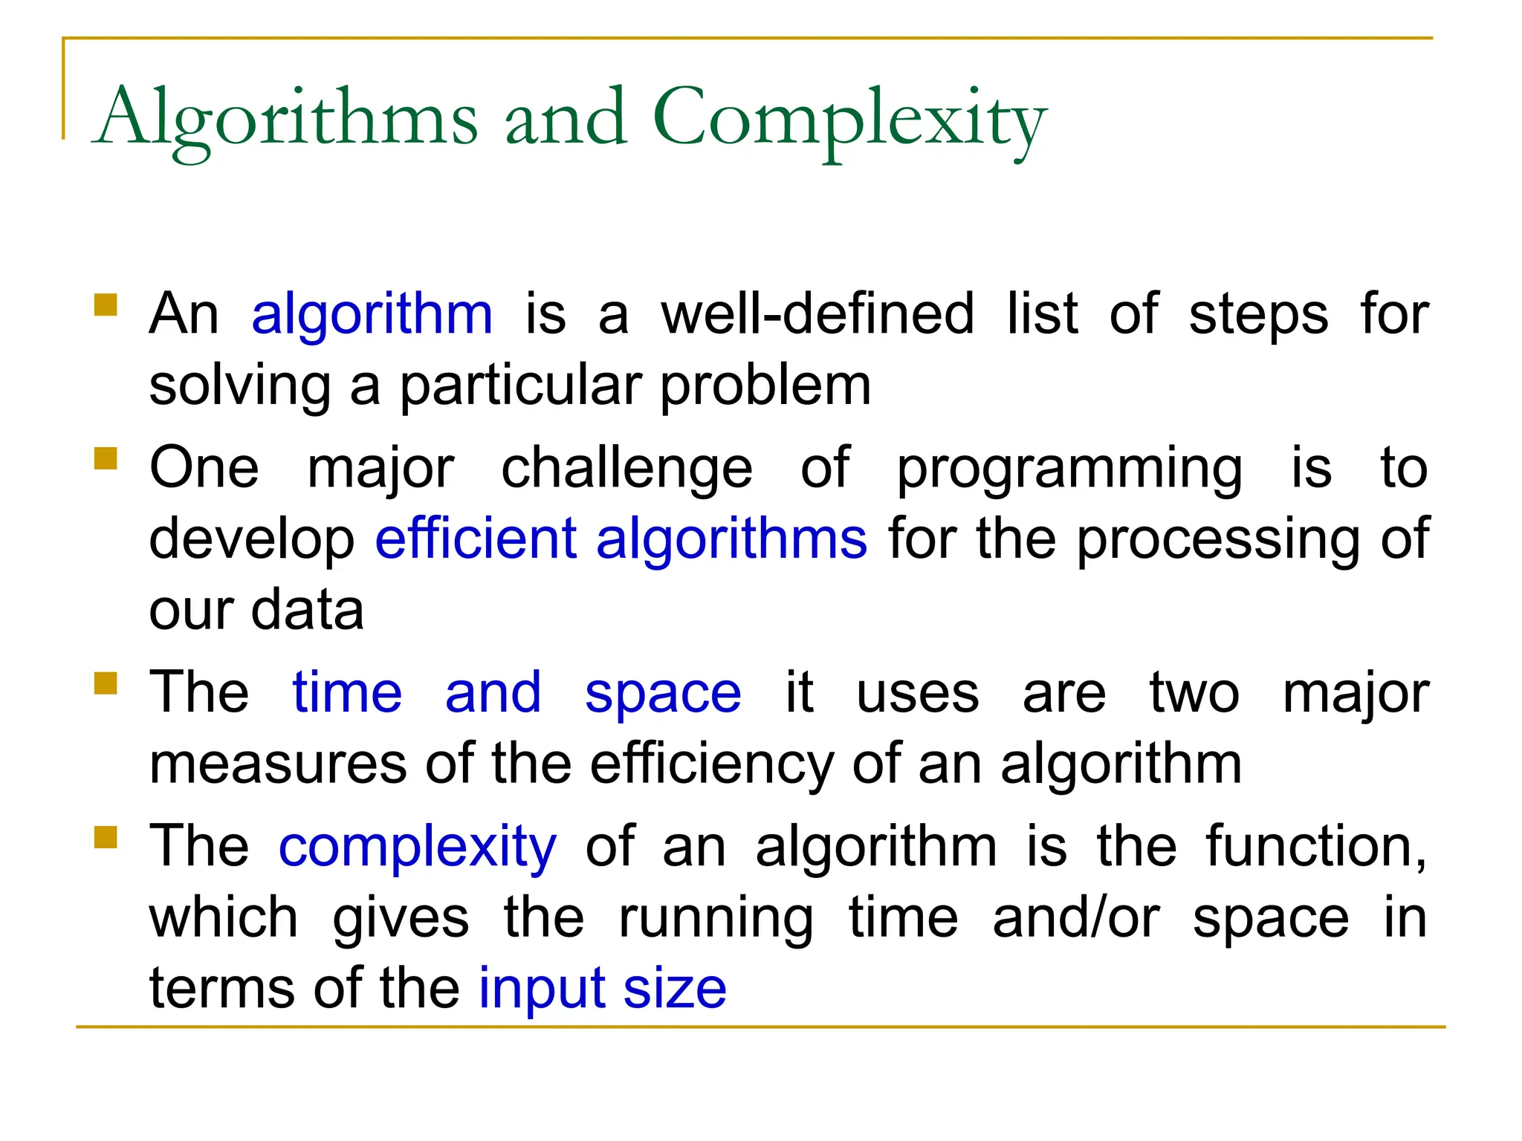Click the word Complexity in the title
[x=849, y=119]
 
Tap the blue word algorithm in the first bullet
[x=372, y=315]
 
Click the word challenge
[x=626, y=469]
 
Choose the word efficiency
[x=712, y=766]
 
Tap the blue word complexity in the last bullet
[x=417, y=849]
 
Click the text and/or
[x=1075, y=918]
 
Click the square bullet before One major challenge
[x=106, y=458]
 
